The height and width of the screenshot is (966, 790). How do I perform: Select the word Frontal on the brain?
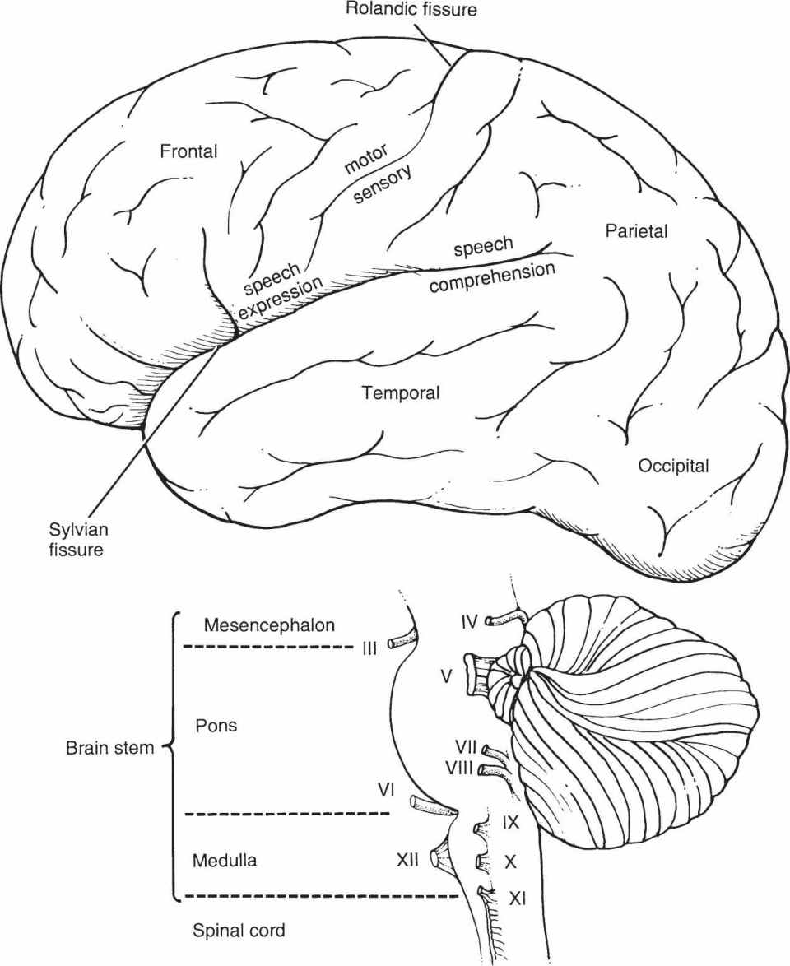point(188,151)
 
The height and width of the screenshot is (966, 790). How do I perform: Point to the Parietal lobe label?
point(636,231)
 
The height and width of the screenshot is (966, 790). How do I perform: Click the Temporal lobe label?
point(401,393)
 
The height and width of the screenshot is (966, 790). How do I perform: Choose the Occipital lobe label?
point(673,467)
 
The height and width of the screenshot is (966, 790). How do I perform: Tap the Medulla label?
point(225,861)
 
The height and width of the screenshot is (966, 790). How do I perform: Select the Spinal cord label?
point(239,931)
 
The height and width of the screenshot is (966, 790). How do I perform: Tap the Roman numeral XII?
point(407,860)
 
